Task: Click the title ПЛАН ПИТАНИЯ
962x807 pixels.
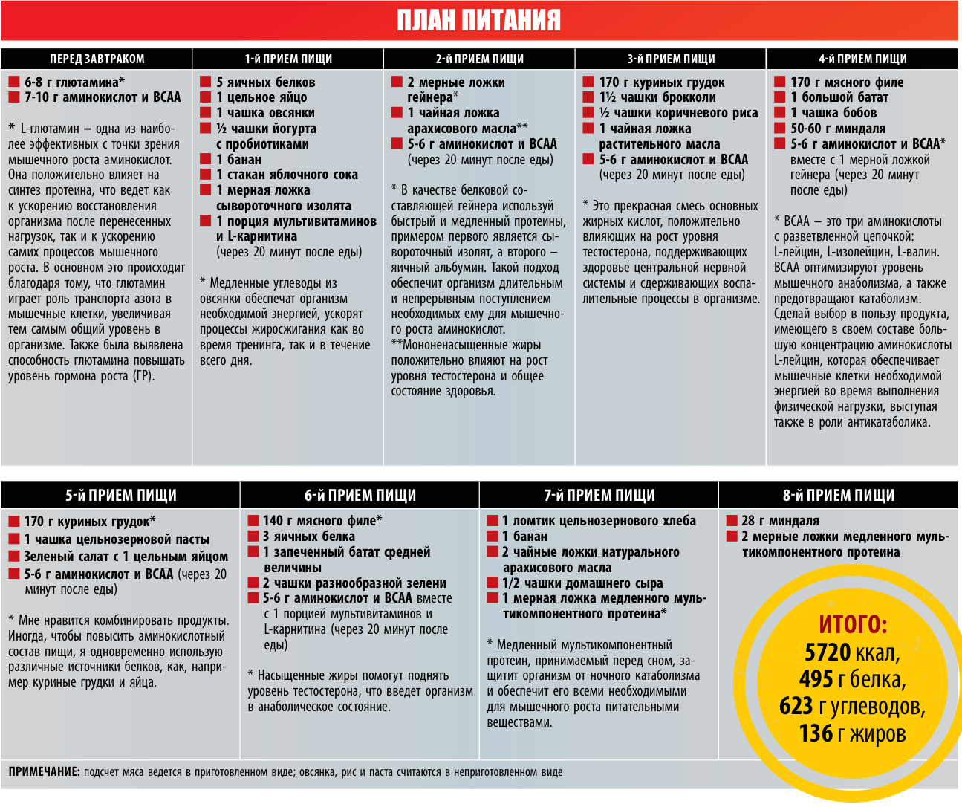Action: [x=479, y=20]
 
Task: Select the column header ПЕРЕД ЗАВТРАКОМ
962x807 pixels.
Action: [x=97, y=59]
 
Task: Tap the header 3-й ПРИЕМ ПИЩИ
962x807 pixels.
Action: [x=671, y=59]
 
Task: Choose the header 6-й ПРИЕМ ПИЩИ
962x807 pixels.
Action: [x=360, y=495]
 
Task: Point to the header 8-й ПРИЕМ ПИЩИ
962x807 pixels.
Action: [x=839, y=495]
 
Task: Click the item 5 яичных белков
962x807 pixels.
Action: [x=265, y=82]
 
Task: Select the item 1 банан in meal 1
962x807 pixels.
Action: [x=238, y=159]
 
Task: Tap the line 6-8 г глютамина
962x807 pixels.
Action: [x=74, y=82]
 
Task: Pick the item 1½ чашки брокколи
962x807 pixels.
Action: [x=657, y=97]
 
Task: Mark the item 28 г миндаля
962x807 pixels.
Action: [x=780, y=521]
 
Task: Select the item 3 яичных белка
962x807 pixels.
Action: [x=308, y=537]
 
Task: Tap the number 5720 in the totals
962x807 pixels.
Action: [x=828, y=652]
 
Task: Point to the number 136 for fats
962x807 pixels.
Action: [x=816, y=733]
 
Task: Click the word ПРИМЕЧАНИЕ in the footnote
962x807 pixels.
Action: [x=44, y=772]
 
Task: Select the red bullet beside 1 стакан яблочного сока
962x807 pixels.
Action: [x=206, y=175]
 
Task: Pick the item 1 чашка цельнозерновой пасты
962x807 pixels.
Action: [x=117, y=539]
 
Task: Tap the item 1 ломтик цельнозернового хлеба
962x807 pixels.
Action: [x=599, y=521]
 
